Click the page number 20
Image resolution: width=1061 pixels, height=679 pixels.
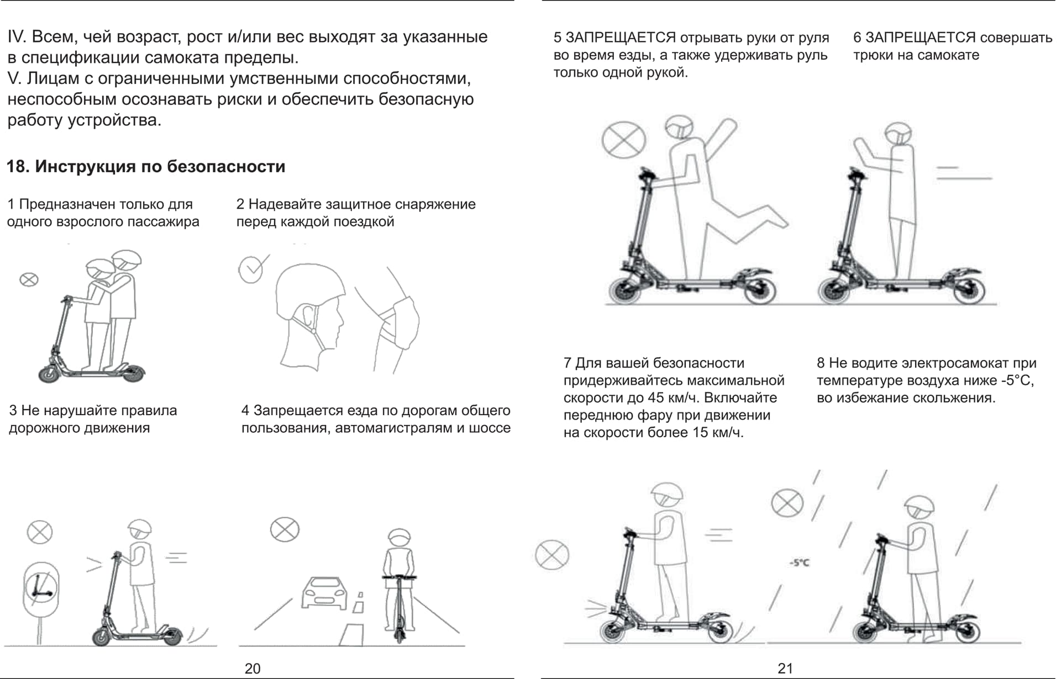pyautogui.click(x=253, y=669)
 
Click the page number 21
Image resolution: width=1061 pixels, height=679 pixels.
pyautogui.click(x=785, y=669)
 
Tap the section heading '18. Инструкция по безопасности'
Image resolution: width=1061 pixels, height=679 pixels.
pyautogui.click(x=146, y=166)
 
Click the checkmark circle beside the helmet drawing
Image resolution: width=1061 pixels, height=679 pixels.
pyautogui.click(x=250, y=269)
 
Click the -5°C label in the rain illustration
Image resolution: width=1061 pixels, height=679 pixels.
pyautogui.click(x=799, y=563)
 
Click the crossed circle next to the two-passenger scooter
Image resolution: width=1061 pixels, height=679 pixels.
pyautogui.click(x=29, y=279)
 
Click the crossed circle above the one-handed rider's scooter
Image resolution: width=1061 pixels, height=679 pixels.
pyautogui.click(x=623, y=140)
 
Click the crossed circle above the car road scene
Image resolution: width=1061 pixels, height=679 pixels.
pyautogui.click(x=285, y=530)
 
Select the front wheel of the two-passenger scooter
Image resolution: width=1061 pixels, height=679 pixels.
pyautogui.click(x=49, y=374)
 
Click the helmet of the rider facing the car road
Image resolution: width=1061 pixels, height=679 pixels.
pyautogui.click(x=399, y=537)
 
